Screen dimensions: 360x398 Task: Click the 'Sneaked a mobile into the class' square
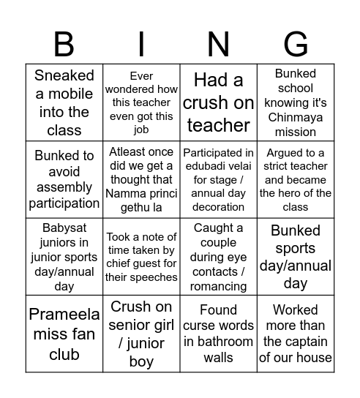(64, 102)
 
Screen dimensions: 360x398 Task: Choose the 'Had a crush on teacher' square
(219, 102)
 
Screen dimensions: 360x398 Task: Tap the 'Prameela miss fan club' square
(64, 334)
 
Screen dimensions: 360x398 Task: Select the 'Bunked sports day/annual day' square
(296, 257)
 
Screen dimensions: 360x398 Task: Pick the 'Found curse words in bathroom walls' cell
(219, 334)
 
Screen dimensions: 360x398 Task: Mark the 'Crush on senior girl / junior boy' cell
(141, 334)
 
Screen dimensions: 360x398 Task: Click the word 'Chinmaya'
(296, 117)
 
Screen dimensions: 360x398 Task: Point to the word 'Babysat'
(64, 228)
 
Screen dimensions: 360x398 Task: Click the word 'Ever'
(141, 75)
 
